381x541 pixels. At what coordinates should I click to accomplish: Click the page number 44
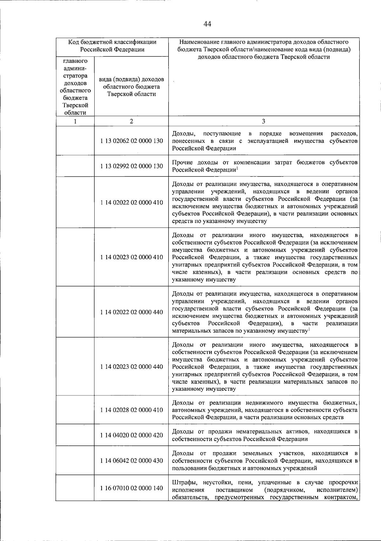pos(208,24)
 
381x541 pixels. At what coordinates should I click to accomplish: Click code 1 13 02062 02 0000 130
pos(131,141)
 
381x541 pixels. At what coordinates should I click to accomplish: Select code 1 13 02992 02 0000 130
pos(131,166)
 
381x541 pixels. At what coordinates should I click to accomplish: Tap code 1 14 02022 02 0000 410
pos(131,203)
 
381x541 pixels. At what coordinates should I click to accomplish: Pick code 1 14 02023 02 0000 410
pos(131,257)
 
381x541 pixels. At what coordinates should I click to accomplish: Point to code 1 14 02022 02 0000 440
pos(131,312)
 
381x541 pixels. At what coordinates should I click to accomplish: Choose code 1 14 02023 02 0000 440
pos(131,367)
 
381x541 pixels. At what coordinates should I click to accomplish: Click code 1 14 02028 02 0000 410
pos(131,410)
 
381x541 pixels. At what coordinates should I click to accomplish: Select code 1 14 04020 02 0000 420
pos(131,435)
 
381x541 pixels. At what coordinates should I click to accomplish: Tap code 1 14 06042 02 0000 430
pos(131,461)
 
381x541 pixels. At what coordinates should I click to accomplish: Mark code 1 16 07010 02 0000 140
pos(131,488)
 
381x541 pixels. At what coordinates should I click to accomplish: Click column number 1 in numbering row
pos(75,121)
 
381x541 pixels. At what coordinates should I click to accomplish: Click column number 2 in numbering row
pos(131,121)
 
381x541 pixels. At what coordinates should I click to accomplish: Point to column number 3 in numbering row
pos(264,121)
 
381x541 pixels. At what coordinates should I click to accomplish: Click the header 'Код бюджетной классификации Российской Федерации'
pos(112,46)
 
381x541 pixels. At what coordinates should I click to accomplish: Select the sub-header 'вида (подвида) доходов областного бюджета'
pos(131,87)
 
